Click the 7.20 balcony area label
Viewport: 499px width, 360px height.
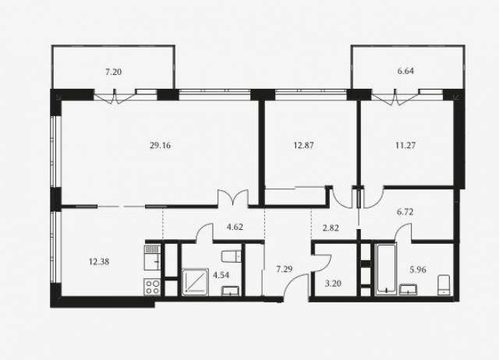click(114, 72)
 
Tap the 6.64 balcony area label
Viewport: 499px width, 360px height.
click(405, 71)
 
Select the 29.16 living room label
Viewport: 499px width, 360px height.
click(160, 146)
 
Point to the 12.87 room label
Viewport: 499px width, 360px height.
click(303, 146)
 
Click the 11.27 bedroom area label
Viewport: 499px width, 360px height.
click(405, 146)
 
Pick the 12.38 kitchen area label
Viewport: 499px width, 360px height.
click(99, 262)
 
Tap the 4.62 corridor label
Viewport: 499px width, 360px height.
click(235, 227)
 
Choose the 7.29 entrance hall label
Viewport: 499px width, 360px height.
click(284, 270)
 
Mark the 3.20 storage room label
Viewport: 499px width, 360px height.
click(333, 283)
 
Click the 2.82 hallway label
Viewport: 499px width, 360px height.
click(331, 228)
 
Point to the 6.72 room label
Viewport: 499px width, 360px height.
click(405, 211)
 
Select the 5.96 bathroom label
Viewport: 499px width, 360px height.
click(418, 270)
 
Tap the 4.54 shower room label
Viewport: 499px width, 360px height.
click(221, 275)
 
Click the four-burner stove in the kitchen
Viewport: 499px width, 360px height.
click(152, 287)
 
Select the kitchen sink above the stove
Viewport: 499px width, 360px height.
click(152, 258)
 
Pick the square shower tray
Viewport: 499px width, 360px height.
click(195, 282)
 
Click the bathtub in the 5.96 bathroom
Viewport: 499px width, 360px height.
click(386, 270)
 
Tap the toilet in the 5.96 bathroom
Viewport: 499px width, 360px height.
click(444, 285)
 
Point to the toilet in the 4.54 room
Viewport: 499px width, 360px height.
click(232, 256)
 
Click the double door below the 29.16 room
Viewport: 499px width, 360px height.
click(232, 198)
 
